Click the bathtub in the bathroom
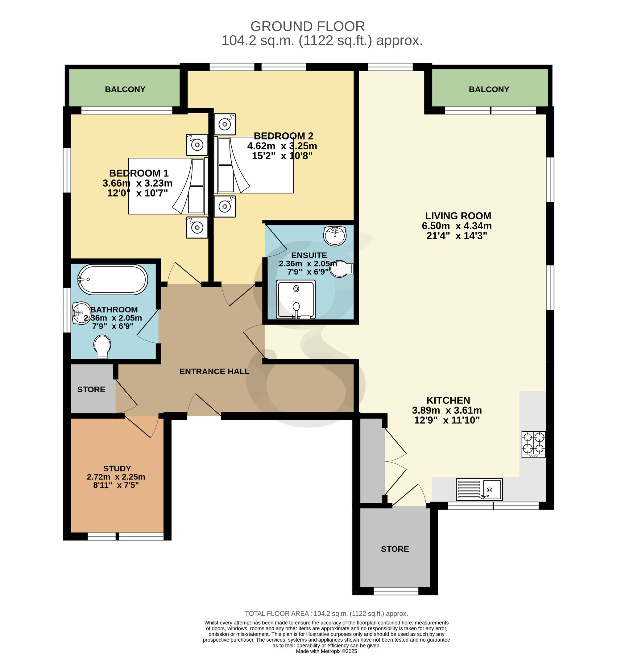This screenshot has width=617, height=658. (113, 279)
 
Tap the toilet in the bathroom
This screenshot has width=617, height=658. (102, 347)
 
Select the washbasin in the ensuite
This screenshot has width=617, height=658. (335, 236)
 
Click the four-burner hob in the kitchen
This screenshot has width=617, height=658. (534, 444)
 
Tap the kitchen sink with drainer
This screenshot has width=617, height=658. (479, 489)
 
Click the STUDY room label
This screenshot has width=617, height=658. (117, 468)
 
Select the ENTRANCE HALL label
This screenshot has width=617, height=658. (214, 371)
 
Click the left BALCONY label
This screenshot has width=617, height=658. (125, 89)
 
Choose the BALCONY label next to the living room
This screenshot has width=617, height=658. (489, 89)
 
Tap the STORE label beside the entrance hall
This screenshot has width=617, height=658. (91, 390)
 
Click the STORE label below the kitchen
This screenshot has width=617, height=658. (395, 549)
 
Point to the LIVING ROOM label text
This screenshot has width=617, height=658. (458, 216)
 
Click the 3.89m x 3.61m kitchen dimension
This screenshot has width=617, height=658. (447, 410)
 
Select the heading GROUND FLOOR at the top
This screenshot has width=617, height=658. (308, 27)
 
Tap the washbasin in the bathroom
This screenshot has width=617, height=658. (81, 313)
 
